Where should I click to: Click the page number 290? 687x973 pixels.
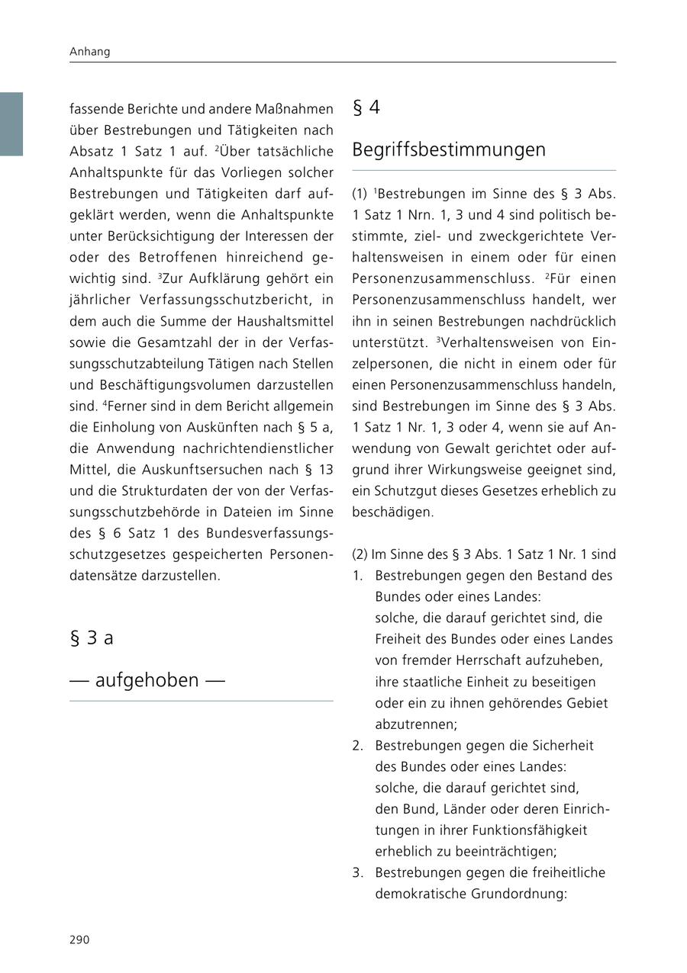79,939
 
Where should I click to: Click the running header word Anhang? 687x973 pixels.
89,52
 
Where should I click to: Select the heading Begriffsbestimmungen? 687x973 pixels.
449,149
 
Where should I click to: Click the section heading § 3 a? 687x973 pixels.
91,637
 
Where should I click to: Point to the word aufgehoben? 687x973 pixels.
147,679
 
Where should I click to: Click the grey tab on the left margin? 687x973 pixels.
11,124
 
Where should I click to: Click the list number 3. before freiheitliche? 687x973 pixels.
357,872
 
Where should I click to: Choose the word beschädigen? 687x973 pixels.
392,512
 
